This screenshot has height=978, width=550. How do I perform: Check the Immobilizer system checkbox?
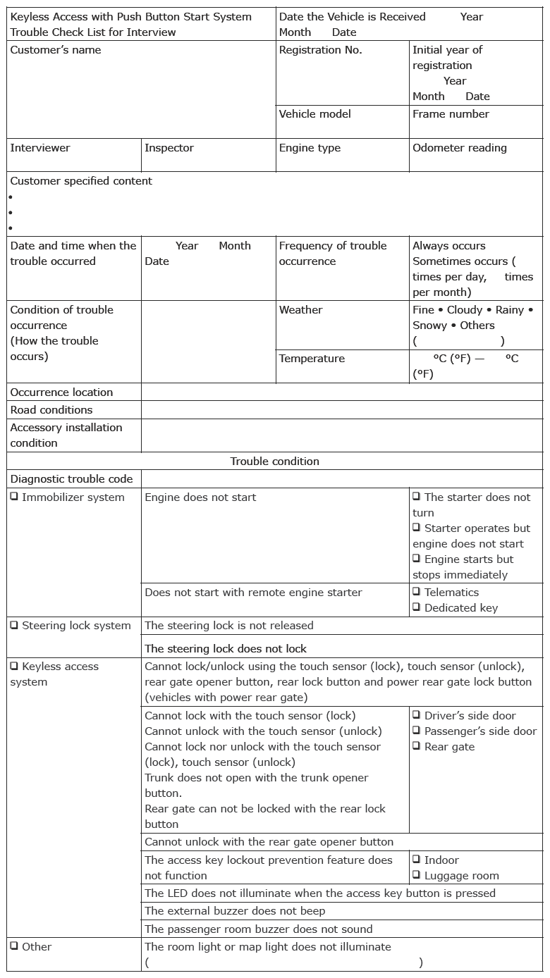point(14,497)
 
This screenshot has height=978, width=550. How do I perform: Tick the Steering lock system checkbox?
point(14,625)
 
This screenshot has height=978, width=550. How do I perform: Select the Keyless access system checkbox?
point(14,666)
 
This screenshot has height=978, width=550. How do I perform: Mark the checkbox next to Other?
point(14,946)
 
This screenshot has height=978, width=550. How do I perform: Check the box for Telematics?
point(417,592)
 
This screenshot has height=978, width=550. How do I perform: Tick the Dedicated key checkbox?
point(417,607)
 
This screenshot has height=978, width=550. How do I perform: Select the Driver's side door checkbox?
point(417,715)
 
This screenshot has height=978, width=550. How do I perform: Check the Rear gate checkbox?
point(417,746)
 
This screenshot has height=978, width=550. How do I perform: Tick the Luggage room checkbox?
point(417,875)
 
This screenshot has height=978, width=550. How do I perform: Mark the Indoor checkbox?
point(417,860)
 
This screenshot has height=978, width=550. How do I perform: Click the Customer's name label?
point(56,50)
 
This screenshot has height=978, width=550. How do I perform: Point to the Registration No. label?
point(320,50)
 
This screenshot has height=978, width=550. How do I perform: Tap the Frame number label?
point(451,114)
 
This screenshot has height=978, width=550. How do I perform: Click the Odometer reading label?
point(459,148)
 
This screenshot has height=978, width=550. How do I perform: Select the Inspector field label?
point(169,148)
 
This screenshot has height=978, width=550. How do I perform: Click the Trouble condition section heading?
point(274,462)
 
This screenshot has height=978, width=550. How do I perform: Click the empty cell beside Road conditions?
point(342,410)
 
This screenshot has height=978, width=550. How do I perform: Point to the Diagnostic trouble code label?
point(71,479)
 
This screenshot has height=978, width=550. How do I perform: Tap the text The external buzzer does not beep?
point(235,911)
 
